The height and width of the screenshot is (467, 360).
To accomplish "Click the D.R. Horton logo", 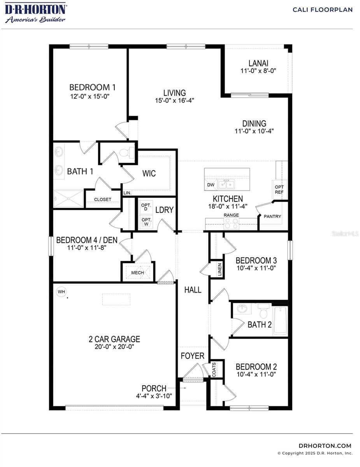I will click(35, 13).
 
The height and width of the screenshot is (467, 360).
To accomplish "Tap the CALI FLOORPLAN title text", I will click(323, 10).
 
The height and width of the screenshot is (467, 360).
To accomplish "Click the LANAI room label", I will click(258, 63).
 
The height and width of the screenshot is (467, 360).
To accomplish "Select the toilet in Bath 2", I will click(264, 311).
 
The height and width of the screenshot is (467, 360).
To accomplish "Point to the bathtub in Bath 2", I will click(280, 320).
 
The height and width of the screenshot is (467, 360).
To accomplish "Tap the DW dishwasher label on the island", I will click(211, 185).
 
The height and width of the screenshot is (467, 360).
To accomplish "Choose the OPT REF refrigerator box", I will click(279, 190).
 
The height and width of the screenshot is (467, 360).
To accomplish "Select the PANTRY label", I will click(272, 216).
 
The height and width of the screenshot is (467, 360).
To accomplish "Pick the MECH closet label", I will click(137, 273).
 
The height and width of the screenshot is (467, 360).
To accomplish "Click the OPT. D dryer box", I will click(146, 207).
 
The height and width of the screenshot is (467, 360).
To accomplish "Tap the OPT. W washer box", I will click(146, 222).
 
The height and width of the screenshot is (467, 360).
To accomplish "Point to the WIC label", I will click(149, 173).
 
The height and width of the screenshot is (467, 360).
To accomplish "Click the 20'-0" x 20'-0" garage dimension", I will click(114, 347).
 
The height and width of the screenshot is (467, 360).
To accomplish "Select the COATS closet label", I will click(214, 369).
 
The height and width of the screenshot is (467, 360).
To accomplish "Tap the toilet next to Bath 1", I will click(125, 153).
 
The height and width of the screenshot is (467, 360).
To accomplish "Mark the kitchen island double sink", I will click(226, 184).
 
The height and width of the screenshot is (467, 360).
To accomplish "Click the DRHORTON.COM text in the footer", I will click(325, 446).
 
